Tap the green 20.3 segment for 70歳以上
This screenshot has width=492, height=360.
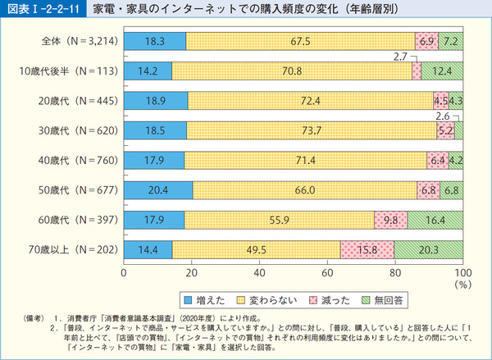tap(428, 249)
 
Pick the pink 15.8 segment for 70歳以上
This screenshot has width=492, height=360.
tap(367, 249)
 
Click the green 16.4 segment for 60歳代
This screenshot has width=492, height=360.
tap(435, 220)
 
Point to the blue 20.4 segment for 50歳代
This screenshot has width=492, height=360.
tap(158, 190)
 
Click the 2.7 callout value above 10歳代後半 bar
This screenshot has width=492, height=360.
tap(401, 57)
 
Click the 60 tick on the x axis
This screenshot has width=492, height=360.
tap(327, 271)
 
